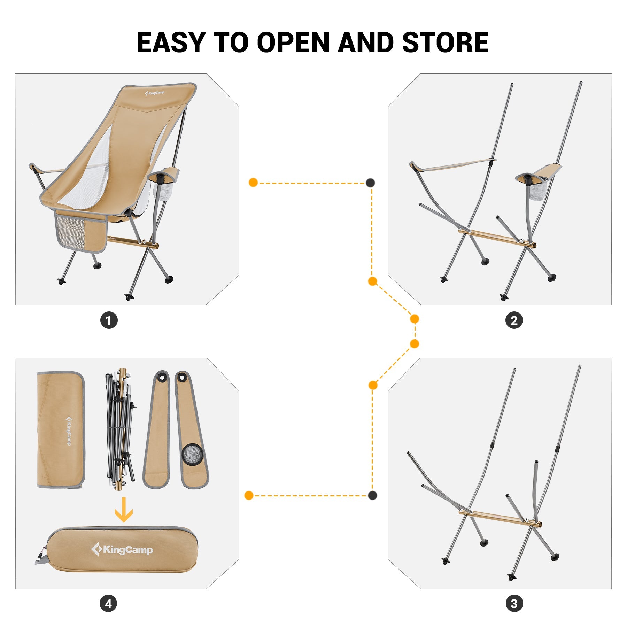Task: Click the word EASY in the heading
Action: [x=170, y=42]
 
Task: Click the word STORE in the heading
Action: [x=445, y=42]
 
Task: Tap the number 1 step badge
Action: [x=109, y=320]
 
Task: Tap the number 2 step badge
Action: [x=514, y=320]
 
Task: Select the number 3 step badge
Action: [x=514, y=604]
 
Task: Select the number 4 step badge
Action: [x=108, y=604]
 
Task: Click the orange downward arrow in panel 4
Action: [x=124, y=510]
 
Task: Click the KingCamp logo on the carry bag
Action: [x=122, y=550]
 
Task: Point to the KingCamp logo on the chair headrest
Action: [x=155, y=93]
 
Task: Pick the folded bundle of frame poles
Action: [x=120, y=428]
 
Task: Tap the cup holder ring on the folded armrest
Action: [x=191, y=454]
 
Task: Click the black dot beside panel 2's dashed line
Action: [x=370, y=183]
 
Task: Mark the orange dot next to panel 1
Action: [x=253, y=183]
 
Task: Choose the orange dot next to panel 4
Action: [x=249, y=495]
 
